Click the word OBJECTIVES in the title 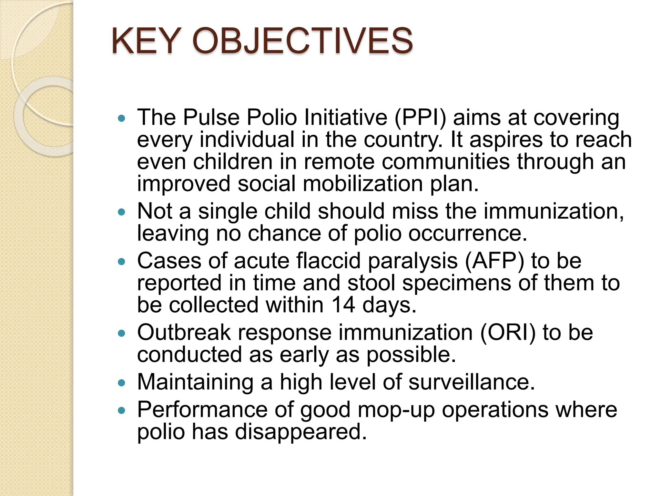[x=302, y=41]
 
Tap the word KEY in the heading [x=145, y=41]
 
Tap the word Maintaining [x=195, y=382]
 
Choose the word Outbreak [x=184, y=332]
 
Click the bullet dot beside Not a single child [x=121, y=212]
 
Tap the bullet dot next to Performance [x=121, y=411]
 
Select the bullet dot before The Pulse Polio [x=121, y=118]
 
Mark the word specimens [x=456, y=283]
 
